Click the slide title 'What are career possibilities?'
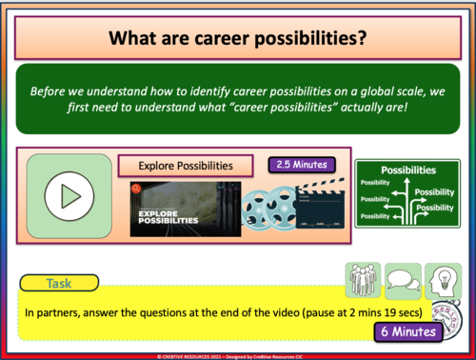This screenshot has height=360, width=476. point(238,39)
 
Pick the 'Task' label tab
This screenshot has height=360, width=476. point(57,283)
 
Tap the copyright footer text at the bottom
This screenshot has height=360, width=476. point(238,352)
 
